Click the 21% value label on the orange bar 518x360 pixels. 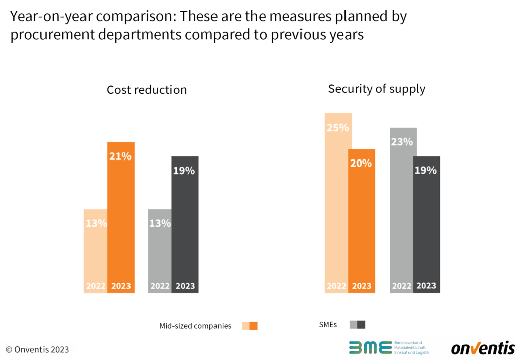pos(120,156)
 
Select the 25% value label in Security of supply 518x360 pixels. pos(337,128)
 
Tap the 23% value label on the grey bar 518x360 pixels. pos(402,142)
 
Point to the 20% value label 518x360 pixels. pos(361,163)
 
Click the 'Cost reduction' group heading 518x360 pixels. pos(147,90)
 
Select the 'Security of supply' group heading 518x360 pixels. pos(376,89)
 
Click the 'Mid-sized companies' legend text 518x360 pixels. pos(195,326)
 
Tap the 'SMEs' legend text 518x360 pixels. pos(328,325)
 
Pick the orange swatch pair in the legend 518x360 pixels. pos(250,326)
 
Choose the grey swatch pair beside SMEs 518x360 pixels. pos(357,325)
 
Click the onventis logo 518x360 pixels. pos(483,348)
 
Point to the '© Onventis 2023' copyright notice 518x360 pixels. pos(37,349)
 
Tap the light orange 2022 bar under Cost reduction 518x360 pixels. pos(96,251)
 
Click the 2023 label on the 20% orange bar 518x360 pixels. pos(361,286)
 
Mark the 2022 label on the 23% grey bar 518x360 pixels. pos(402,286)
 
